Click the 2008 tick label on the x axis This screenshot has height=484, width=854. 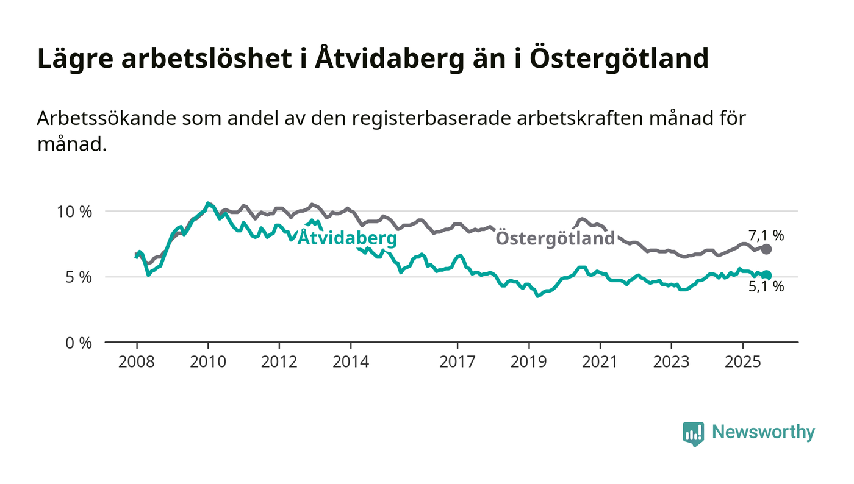pos(137,362)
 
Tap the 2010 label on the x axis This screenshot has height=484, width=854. pos(208,362)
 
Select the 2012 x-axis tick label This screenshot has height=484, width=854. pos(279,362)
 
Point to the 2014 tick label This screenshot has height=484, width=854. pos(351,362)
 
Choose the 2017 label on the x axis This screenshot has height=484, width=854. pos(457,362)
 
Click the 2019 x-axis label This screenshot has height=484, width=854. pos(529,362)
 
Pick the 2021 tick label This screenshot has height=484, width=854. pos(600,362)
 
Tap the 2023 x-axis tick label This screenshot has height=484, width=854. pos(672,362)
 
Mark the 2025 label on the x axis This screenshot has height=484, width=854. pos(743,362)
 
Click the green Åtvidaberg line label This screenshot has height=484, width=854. pos(347,238)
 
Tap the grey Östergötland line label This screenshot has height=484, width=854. pos(555,238)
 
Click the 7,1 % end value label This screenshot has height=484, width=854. pos(766,235)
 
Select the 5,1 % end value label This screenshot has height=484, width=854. pos(766,287)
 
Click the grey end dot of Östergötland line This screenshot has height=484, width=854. pos(767,249)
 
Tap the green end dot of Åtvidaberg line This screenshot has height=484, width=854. pos(767,276)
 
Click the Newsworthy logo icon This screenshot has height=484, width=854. pos(693,433)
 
